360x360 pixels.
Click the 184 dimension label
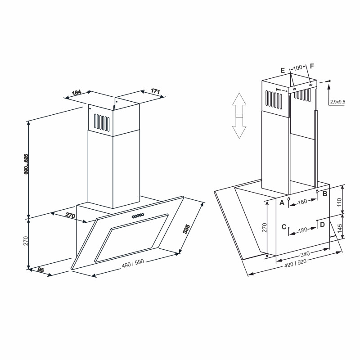click(76, 93)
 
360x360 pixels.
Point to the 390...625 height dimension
click(26, 164)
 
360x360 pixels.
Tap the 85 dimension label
click(40, 270)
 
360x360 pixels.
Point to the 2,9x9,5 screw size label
click(337, 102)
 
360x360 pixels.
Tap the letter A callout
click(282, 203)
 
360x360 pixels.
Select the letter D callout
click(322, 224)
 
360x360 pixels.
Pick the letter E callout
click(283, 71)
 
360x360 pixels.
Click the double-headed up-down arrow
click(239, 116)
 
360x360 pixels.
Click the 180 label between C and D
click(302, 230)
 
